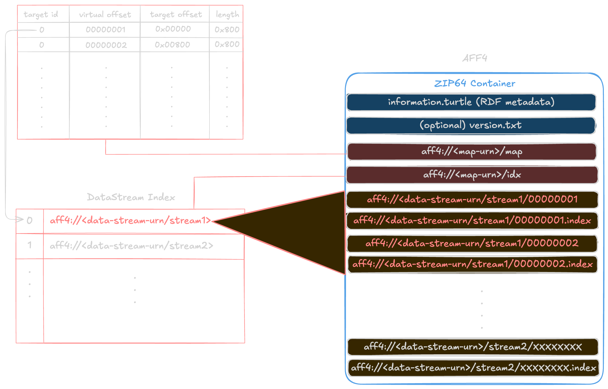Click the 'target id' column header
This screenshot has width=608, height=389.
coord(41,14)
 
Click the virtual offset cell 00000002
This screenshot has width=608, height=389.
coord(106,45)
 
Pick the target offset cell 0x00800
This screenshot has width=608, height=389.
coord(172,45)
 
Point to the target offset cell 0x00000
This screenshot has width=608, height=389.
coord(173,29)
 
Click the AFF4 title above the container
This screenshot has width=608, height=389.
coord(475,58)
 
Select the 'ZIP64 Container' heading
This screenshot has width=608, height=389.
coord(475,83)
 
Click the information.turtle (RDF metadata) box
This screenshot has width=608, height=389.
coord(471,102)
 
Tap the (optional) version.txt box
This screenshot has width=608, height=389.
coord(471,125)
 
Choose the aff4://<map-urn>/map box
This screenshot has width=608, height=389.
coord(472,152)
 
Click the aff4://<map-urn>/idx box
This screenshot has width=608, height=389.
coord(472,175)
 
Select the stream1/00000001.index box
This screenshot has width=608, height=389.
coord(472,221)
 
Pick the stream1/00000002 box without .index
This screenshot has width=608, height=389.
coord(472,243)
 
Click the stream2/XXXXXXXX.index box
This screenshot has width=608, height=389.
coord(473,368)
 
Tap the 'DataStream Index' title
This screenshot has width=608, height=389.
coord(131,197)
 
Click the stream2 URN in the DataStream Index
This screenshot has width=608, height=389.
coord(131,246)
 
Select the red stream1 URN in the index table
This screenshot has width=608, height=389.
coord(130,221)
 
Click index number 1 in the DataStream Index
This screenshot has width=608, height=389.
coord(30,245)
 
